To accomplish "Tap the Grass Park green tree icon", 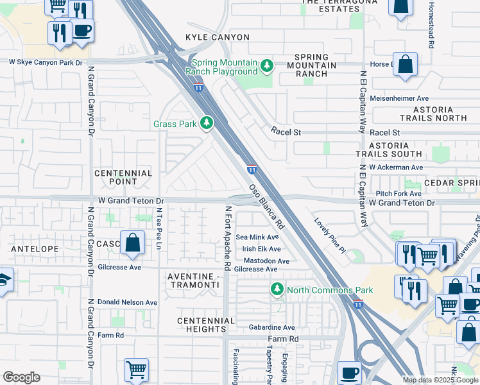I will click(206, 123).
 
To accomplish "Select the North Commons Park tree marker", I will click(277, 289).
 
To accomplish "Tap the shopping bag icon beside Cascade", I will click(132, 244).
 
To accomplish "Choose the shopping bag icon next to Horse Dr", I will click(405, 65).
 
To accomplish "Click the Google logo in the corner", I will click(21, 377).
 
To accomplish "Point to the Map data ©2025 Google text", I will click(440, 380).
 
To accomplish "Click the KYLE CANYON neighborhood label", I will click(217, 38).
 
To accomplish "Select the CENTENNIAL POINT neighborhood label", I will click(123, 178).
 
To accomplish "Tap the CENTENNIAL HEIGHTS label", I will click(206, 325).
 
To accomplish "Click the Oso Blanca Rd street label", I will click(266, 208).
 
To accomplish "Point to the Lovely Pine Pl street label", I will click(329, 234).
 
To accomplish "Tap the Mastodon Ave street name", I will click(266, 261).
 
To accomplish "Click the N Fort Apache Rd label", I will click(227, 238).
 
